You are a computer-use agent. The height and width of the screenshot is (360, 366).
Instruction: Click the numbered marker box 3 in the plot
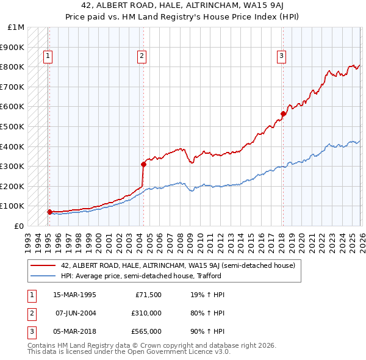[x=281, y=57]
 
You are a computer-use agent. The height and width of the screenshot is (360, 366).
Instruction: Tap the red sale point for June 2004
[x=143, y=164]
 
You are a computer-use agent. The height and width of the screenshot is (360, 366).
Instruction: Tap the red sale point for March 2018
[x=283, y=113]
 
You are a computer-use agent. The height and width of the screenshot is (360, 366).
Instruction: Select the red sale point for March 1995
[x=49, y=212]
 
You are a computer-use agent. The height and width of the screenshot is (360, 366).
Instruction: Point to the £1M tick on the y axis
[x=16, y=27]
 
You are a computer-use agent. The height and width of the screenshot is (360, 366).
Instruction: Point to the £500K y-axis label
[x=13, y=126]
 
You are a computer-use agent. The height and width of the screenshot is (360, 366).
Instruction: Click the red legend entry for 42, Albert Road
[x=178, y=265]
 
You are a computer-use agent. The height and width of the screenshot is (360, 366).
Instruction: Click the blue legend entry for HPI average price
[x=140, y=276]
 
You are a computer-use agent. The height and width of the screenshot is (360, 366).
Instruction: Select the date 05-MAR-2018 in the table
[x=74, y=331]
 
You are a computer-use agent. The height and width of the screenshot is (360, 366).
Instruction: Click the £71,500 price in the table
[x=148, y=295]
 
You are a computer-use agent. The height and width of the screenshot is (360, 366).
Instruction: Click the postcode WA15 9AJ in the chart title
[x=249, y=7]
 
